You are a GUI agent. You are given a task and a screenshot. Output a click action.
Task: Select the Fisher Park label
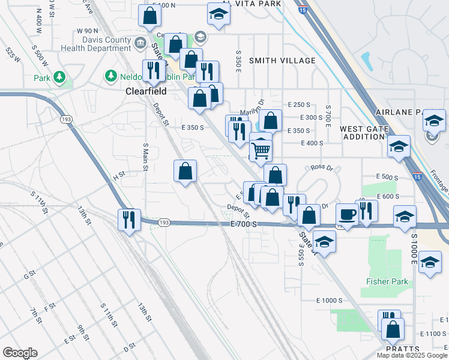point(387,281)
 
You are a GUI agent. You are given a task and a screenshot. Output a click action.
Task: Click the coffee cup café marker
point(348,214)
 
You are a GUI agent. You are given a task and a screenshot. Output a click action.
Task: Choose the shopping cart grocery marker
point(261,148)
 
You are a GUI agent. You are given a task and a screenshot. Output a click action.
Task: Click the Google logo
point(20,353)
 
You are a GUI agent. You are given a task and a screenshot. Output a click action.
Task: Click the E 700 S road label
point(244,224)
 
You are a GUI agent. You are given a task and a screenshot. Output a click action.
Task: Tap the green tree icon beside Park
point(59,77)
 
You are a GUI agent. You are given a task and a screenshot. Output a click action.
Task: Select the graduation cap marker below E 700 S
point(324,241)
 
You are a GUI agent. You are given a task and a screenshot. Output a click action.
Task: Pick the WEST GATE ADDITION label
point(361,133)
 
